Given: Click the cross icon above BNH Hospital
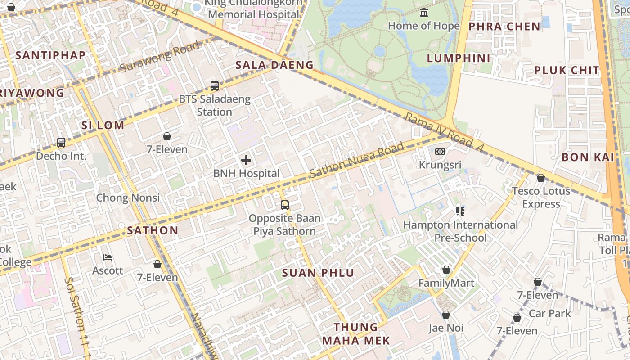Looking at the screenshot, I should point(246,160).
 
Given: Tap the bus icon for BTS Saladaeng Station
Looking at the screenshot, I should point(215,85).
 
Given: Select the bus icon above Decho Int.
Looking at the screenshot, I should point(61,143).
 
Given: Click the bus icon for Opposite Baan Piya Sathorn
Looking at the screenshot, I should point(284,205).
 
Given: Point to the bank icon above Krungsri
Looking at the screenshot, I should point(440,152).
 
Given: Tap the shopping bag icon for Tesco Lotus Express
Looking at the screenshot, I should point(541,178).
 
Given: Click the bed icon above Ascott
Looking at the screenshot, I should point(108,257).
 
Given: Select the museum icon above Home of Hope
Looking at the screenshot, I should point(424,13).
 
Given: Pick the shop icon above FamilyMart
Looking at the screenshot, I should point(446,270).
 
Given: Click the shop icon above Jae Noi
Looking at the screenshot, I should point(445,315).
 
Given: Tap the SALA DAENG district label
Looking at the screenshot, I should point(274,65).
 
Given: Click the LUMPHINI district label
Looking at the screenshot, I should point(458,58).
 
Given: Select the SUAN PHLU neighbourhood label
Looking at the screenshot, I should point(318,273).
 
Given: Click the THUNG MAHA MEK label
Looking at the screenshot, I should point(355,333).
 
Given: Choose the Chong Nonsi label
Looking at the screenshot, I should point(128,198).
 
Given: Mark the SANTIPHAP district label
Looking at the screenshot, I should point(50,55).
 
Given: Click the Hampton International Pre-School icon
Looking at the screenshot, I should point(460,211).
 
